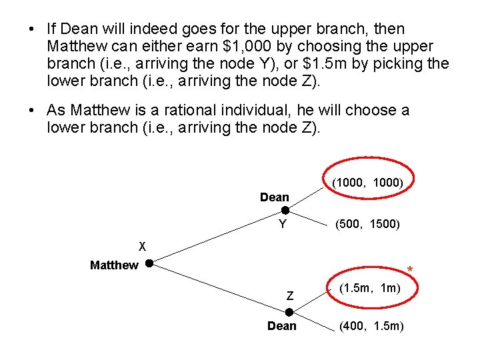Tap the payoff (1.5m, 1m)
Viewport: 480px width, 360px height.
(x=369, y=289)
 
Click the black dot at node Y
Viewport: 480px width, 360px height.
(x=285, y=211)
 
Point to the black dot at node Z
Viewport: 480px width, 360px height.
(x=289, y=312)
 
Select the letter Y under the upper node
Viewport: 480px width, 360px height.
(x=283, y=225)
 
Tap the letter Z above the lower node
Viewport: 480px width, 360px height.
(x=290, y=295)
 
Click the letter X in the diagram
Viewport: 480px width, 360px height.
(x=141, y=244)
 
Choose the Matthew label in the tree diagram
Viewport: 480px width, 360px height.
(x=114, y=265)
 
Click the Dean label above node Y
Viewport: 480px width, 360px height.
(x=275, y=197)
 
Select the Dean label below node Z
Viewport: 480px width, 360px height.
(x=282, y=326)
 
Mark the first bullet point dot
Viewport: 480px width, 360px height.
(x=31, y=29)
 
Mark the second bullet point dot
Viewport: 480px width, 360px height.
(x=31, y=110)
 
